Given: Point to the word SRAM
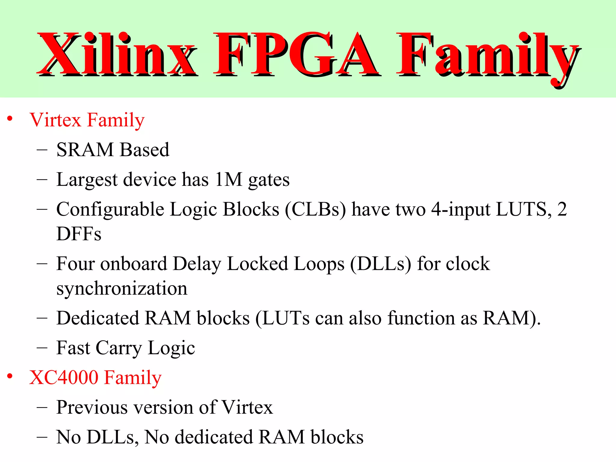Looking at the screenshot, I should click(x=85, y=149).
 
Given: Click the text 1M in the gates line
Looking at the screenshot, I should click(x=229, y=179).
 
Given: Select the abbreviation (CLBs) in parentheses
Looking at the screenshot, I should click(x=315, y=209).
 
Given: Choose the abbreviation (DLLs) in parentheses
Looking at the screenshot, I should click(x=380, y=264).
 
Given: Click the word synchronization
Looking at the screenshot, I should click(x=122, y=288).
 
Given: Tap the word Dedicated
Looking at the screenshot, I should click(x=98, y=318).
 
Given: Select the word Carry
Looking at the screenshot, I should click(x=119, y=348).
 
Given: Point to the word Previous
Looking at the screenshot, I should click(x=92, y=407).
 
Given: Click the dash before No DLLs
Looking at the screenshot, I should click(x=42, y=437).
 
